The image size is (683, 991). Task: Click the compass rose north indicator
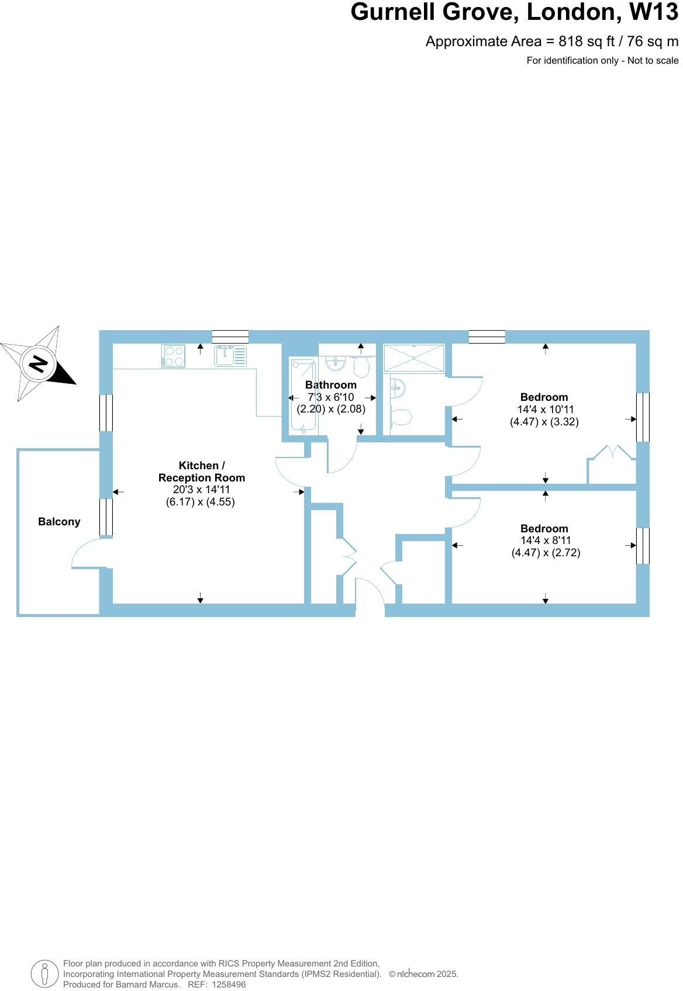[39, 364]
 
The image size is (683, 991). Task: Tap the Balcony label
[59, 522]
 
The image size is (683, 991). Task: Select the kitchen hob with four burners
[174, 356]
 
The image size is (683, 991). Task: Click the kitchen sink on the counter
[230, 356]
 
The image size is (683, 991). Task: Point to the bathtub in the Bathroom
[303, 396]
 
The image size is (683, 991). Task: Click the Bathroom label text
[331, 385]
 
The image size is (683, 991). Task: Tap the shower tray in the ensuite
[414, 358]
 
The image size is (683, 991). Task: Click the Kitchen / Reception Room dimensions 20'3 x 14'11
[201, 490]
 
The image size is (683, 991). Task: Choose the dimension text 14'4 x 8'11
[546, 540]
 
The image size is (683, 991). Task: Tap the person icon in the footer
[44, 973]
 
